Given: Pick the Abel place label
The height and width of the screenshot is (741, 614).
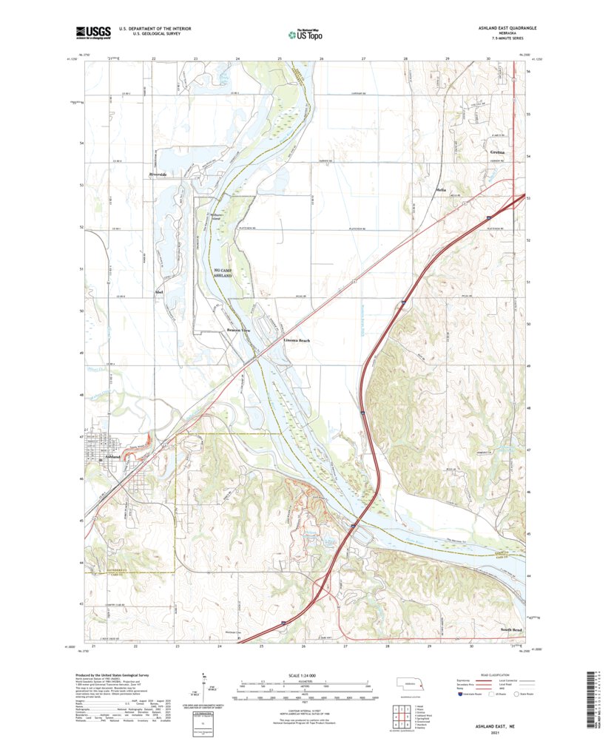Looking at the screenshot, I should click(x=158, y=294).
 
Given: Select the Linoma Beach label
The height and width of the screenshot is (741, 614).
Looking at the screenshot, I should click(x=297, y=341).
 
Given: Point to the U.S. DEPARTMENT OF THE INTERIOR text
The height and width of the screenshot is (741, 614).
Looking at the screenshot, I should click(x=150, y=28).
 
